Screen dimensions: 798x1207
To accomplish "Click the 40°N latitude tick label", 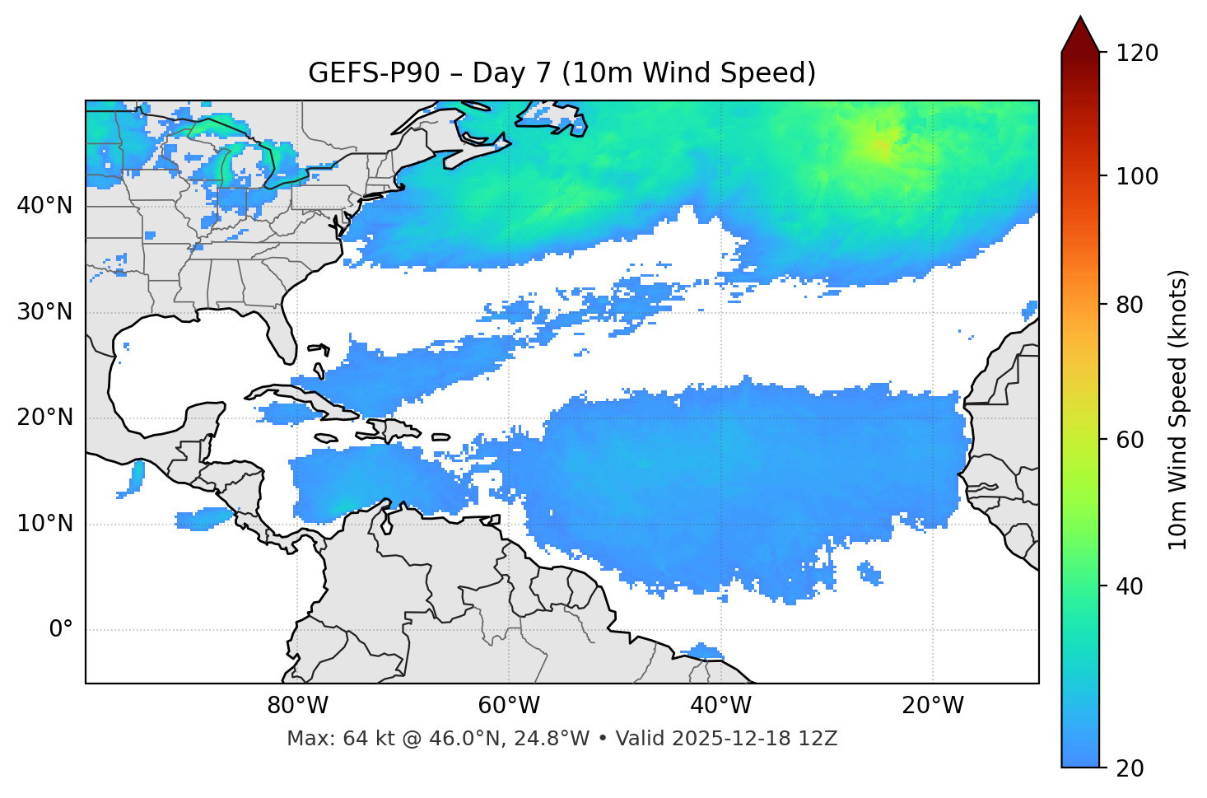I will pyautogui.click(x=44, y=205).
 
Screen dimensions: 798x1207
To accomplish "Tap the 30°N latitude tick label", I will pyautogui.click(x=44, y=312).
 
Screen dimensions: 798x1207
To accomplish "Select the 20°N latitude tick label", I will pyautogui.click(x=44, y=418).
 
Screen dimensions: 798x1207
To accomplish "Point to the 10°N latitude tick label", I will pyautogui.click(x=44, y=524).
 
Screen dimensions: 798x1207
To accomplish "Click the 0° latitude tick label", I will pyautogui.click(x=61, y=630).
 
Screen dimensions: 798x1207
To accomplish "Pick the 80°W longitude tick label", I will pyautogui.click(x=297, y=706).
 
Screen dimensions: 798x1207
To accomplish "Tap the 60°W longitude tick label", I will pyautogui.click(x=509, y=706).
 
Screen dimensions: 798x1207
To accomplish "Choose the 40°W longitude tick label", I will pyautogui.click(x=720, y=706).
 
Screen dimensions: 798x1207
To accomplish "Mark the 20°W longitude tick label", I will pyautogui.click(x=933, y=706).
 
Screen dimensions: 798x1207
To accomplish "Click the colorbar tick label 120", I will pyautogui.click(x=1137, y=53).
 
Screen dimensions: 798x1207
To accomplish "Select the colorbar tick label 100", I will pyautogui.click(x=1137, y=176).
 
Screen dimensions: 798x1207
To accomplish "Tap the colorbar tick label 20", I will pyautogui.click(x=1130, y=768).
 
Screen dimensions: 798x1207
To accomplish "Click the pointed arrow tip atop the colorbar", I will pyautogui.click(x=1080, y=18).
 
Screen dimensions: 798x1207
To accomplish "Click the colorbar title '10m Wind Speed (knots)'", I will pyautogui.click(x=1178, y=409).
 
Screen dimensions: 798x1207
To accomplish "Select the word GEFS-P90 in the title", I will pyautogui.click(x=374, y=73).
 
